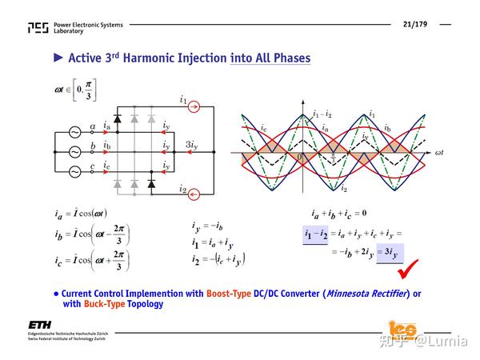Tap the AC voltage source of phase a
click(x=75, y=132)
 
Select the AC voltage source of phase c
click(x=75, y=172)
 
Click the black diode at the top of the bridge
click(x=118, y=118)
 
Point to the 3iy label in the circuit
click(x=192, y=145)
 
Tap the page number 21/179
click(x=415, y=24)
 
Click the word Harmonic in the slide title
click(x=170, y=58)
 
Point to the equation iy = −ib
click(x=210, y=226)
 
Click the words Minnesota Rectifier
click(x=364, y=294)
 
